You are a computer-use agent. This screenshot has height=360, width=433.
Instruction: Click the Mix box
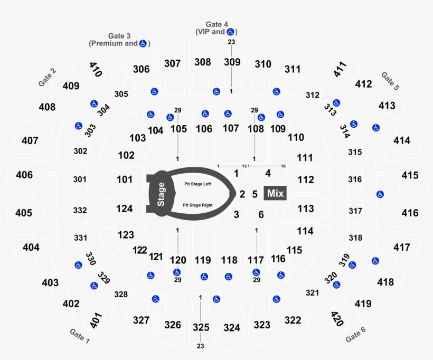pos(275,193)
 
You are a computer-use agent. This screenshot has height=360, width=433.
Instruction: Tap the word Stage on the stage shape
pos(161,194)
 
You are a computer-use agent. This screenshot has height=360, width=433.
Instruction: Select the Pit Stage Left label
pos(197,184)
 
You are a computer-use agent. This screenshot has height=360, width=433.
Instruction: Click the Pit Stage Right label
pos(197,204)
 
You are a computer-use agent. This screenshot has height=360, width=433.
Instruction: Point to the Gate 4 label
pos(216,24)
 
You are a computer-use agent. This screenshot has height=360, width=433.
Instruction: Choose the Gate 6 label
pos(356,334)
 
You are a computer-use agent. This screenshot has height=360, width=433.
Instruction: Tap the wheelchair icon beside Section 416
pos(380,194)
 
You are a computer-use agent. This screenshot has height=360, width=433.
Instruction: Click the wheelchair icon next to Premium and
pos(143,44)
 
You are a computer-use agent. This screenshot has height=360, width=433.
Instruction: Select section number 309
pos(232,62)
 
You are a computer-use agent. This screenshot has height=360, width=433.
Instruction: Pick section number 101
pos(125,179)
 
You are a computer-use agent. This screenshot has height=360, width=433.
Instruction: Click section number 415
pos(410,175)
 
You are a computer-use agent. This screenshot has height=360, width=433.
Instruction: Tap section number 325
pos(201,327)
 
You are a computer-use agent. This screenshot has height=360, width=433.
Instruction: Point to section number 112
pos(306,179)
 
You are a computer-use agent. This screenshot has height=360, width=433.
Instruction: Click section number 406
pos(24,175)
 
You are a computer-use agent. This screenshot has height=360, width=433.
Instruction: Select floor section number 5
pos(255,194)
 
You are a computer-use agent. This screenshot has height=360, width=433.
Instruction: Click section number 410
pos(95,69)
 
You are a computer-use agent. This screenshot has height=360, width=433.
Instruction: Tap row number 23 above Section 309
pos(231,42)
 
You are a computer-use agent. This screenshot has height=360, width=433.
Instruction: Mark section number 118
pos(229,260)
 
